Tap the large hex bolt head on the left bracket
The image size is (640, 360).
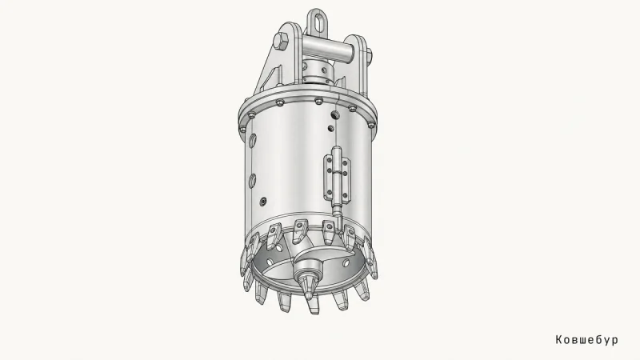[x=281, y=42]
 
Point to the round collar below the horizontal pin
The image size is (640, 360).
[x=318, y=71]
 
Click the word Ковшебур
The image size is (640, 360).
[x=586, y=339]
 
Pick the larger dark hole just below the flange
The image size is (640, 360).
[x=334, y=114]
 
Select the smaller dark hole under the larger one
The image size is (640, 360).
[x=331, y=129]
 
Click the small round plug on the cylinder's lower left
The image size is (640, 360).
[x=263, y=202]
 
